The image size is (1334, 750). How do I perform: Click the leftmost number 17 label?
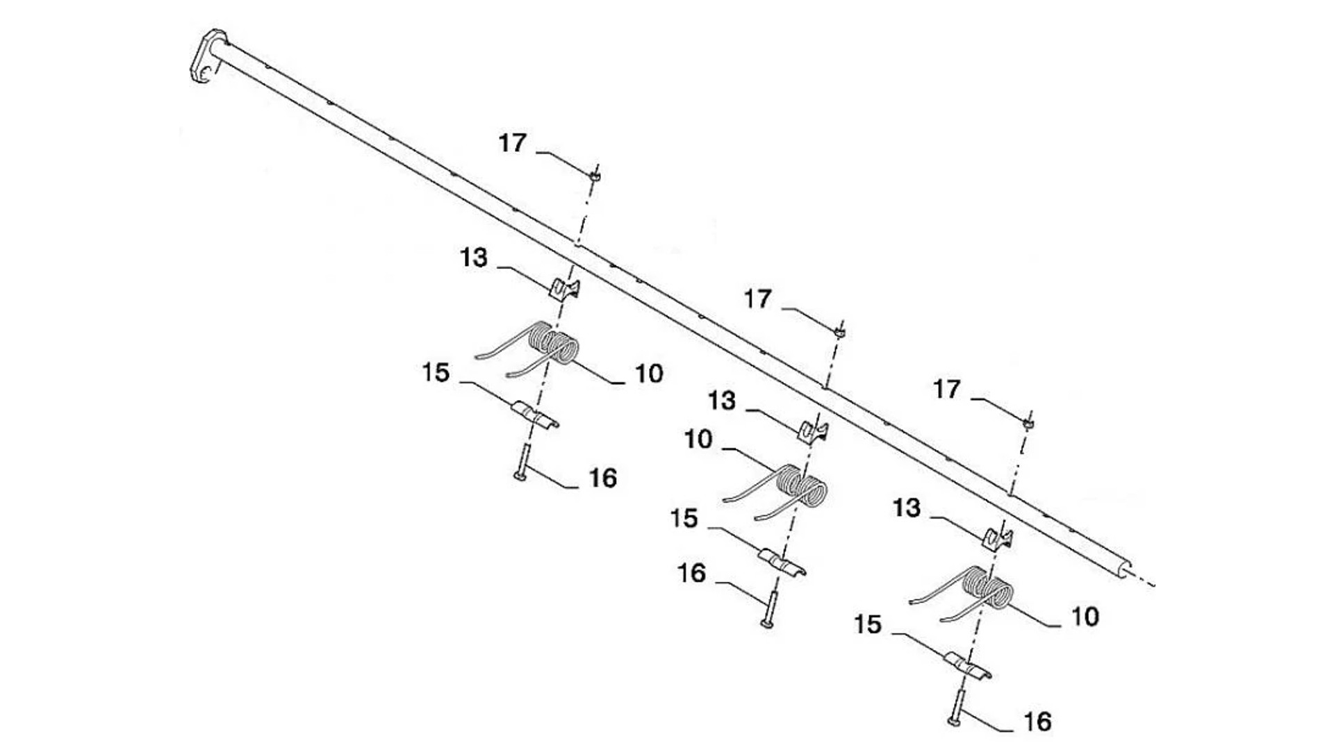pos(513,143)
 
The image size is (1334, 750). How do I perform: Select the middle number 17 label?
pos(758,299)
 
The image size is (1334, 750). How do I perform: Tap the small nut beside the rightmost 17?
pos(1028,422)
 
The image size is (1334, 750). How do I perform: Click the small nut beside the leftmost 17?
pos(594,176)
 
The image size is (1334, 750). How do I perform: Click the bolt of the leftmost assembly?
pos(522,462)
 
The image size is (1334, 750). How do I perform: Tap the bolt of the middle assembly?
pos(769,609)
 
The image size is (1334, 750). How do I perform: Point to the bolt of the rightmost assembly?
pos(956,708)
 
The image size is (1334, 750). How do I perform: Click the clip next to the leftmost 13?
pos(565,287)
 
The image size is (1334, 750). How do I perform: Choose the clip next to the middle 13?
pos(812,431)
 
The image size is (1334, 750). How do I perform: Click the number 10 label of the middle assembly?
pos(698,440)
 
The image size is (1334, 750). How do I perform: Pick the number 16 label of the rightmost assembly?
pos(1037,722)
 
